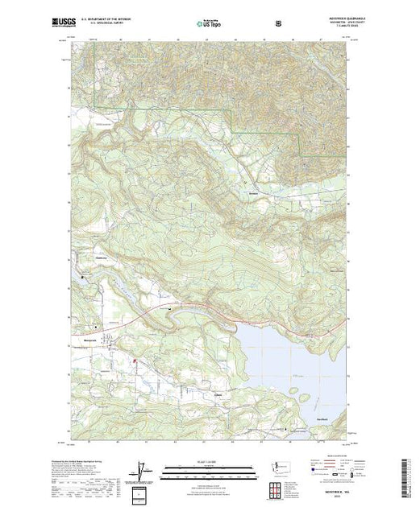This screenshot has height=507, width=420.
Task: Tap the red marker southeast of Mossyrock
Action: [134, 364]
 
